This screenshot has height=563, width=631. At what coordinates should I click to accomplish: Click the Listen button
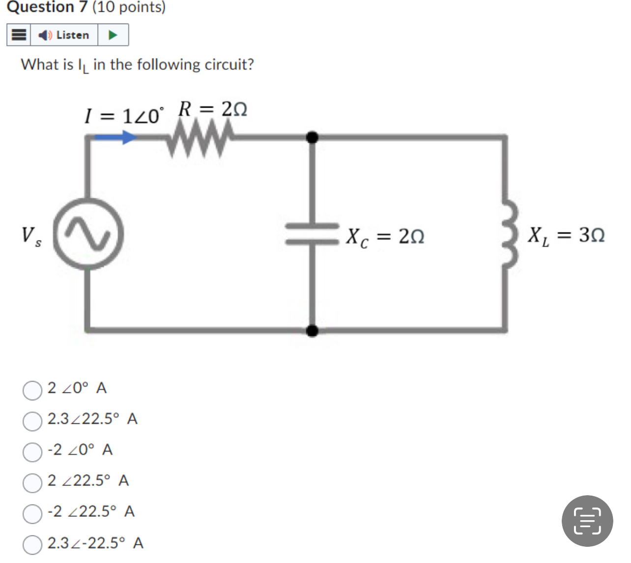point(64,35)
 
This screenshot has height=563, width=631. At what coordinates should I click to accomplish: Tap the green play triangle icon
point(113,35)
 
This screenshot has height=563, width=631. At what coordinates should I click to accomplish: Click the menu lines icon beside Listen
point(19,35)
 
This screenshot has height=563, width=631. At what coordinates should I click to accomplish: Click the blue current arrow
point(115,137)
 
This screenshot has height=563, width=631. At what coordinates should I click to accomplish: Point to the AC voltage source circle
point(88,234)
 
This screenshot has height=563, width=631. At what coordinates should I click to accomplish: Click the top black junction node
point(312,137)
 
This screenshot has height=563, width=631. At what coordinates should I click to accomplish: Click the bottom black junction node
point(312,330)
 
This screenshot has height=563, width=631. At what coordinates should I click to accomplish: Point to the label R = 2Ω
point(212,109)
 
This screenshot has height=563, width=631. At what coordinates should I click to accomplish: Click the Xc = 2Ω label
point(385,237)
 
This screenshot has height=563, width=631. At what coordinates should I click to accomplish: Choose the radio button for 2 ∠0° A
point(32,390)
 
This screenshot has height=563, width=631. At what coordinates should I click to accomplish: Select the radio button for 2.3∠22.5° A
point(32,421)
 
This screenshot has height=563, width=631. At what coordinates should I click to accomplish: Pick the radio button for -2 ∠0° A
point(32,452)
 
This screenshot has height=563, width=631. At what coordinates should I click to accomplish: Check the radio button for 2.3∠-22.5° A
point(32,545)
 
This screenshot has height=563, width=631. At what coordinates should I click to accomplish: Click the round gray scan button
point(587,521)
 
